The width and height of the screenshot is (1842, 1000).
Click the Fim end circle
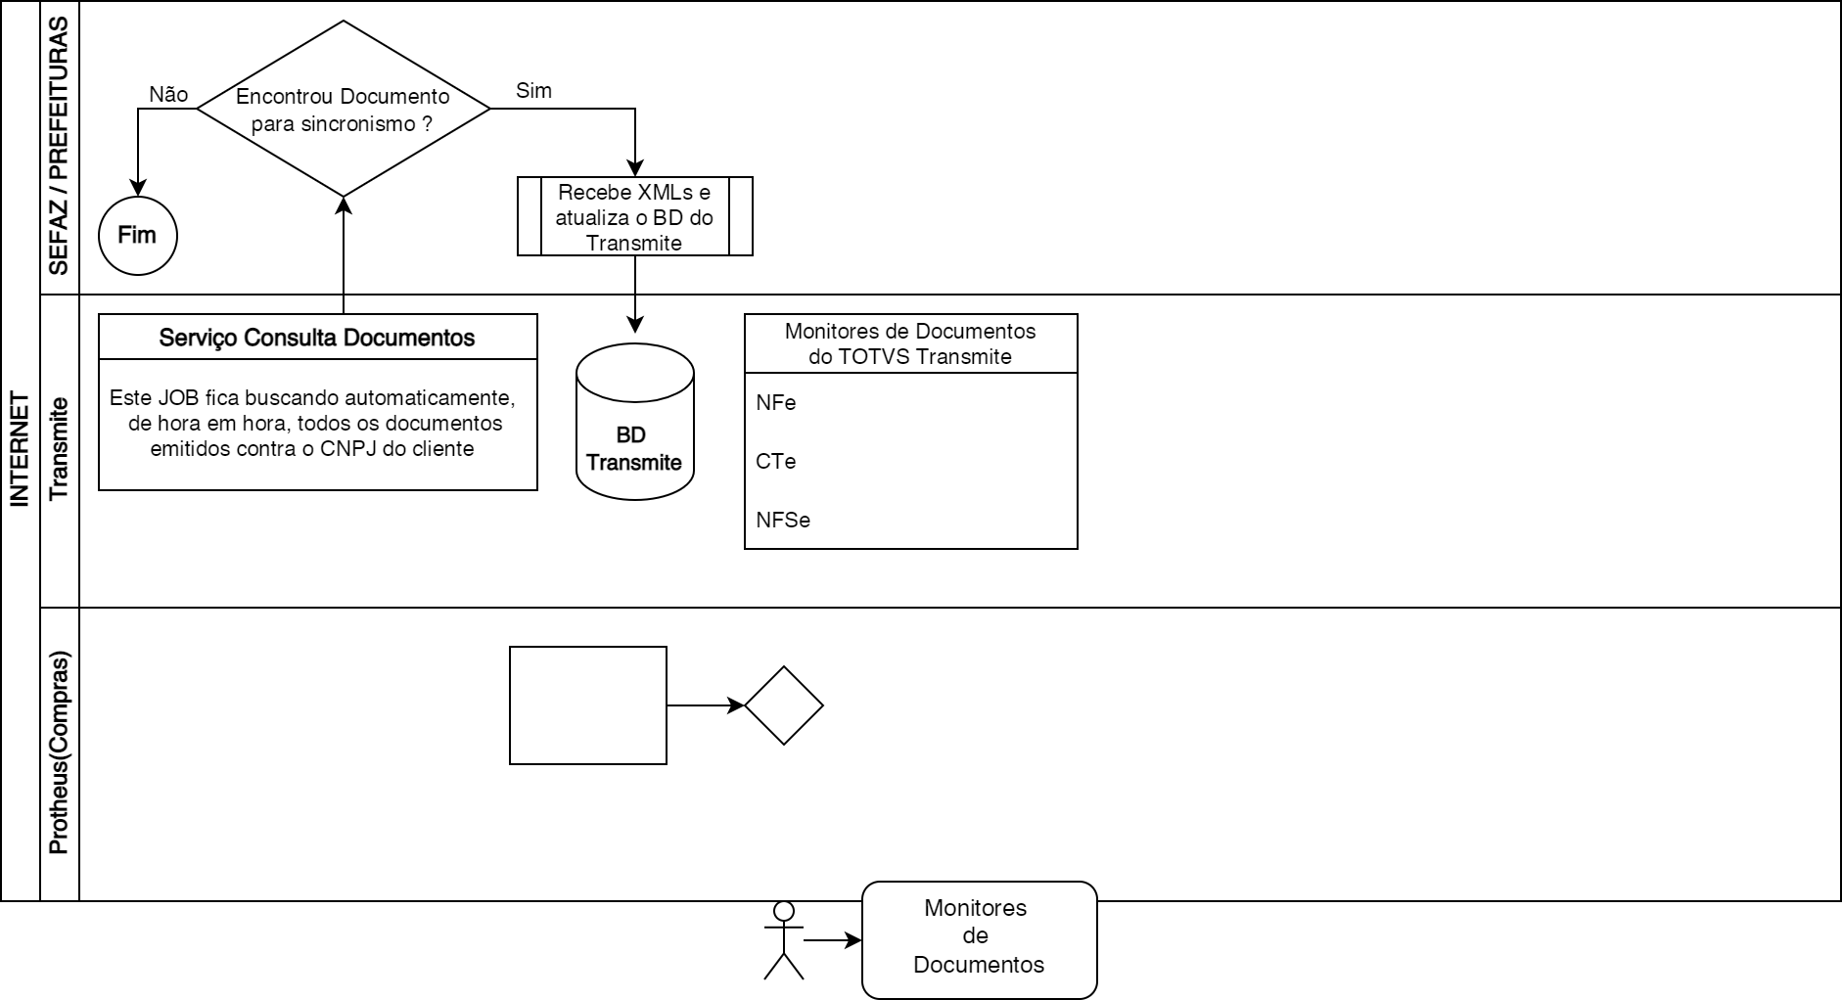[x=138, y=236]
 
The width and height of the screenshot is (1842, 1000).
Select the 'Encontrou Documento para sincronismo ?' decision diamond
[x=343, y=110]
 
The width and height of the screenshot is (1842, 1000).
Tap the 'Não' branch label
[x=168, y=94]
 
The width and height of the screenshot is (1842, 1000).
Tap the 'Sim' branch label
[x=533, y=91]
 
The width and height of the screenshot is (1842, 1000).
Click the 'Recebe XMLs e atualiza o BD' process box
[x=634, y=217]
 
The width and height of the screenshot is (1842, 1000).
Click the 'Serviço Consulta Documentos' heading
[x=317, y=338]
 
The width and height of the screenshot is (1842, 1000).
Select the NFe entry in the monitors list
[x=776, y=403]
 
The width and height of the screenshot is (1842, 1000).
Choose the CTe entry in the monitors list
[x=776, y=462]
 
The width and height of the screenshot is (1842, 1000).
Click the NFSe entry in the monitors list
[x=783, y=521]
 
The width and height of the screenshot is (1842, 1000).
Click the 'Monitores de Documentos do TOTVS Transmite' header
[x=910, y=343]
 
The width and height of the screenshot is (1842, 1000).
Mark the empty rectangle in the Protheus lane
[x=587, y=705]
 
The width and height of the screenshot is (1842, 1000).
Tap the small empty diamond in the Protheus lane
[x=783, y=705]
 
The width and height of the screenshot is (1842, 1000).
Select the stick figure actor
[x=783, y=940]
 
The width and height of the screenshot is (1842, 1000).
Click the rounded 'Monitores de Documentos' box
[x=979, y=940]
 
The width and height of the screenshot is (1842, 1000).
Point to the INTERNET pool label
[x=20, y=450]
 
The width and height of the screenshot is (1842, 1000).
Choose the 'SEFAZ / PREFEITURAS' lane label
[x=59, y=147]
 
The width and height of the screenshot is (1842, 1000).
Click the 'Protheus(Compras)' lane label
[x=59, y=753]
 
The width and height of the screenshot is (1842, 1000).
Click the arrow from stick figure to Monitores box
[x=832, y=940]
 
